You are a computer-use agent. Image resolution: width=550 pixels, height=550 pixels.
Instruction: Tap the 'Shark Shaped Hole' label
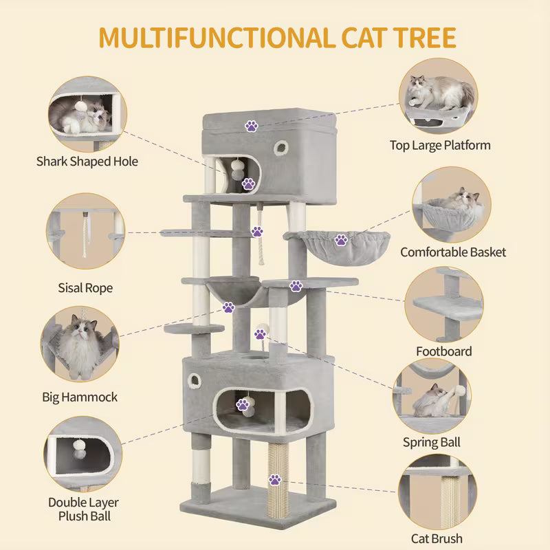coord(87,162)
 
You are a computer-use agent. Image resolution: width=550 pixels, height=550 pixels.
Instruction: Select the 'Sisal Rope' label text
coord(85,288)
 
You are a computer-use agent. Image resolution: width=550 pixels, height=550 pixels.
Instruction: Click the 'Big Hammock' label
coord(80,397)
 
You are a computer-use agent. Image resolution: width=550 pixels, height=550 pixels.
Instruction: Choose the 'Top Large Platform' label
coord(440,145)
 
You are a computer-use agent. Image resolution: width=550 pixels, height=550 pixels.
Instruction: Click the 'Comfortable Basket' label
coord(453,252)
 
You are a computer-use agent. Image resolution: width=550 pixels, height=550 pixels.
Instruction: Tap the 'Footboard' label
coord(444,351)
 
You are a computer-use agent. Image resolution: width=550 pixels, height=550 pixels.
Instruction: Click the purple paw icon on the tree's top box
coord(252,126)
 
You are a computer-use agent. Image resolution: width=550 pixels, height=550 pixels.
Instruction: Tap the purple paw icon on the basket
coord(340,240)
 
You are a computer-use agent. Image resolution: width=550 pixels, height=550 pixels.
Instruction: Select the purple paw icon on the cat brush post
coord(275,479)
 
